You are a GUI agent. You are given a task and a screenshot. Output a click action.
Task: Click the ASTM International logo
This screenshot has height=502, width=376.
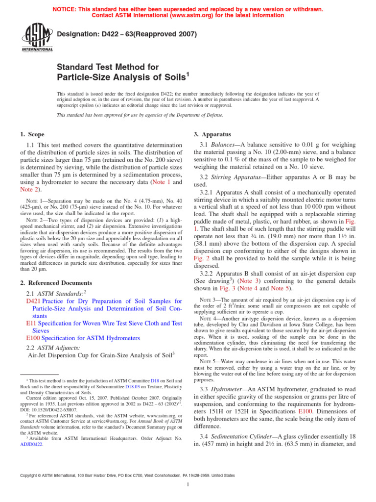pos(37,38)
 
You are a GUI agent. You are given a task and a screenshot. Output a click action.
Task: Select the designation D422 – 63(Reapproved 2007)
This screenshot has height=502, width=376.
pos(127,34)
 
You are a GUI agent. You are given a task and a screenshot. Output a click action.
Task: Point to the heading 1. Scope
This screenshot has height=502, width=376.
pos(32,134)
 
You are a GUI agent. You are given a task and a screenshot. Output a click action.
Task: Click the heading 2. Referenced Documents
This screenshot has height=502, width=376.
pos(56,283)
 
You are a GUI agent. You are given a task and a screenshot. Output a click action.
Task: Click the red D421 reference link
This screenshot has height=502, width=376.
pos(33,301)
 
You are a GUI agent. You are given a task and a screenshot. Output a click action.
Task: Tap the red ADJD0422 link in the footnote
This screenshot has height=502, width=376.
pos(31,445)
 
